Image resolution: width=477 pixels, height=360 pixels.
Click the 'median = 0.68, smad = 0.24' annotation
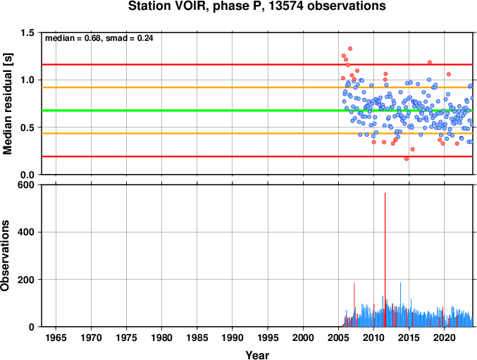click(99, 38)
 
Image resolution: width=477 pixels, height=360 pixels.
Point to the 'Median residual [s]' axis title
click(7, 104)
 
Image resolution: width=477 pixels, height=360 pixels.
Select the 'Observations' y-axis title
click(5, 256)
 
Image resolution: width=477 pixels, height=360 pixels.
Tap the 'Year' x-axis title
click(257, 355)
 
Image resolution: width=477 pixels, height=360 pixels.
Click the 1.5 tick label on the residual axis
click(27, 32)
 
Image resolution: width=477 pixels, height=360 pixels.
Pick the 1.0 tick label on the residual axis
click(27, 80)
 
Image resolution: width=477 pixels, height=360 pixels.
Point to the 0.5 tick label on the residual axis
click(27, 128)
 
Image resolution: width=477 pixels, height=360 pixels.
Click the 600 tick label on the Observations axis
click(26, 185)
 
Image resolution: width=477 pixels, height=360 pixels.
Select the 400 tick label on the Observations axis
click(26, 232)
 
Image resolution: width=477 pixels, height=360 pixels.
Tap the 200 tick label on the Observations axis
click(26, 280)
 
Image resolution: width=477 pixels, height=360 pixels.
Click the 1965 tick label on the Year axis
click(56, 337)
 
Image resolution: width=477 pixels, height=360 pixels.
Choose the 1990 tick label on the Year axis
click(233, 337)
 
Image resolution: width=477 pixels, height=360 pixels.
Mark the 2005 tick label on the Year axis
click(339, 337)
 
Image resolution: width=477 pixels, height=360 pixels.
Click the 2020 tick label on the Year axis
click(445, 337)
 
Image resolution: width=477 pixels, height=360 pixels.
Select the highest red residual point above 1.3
click(350, 49)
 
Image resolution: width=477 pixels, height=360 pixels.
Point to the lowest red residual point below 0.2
click(407, 159)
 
